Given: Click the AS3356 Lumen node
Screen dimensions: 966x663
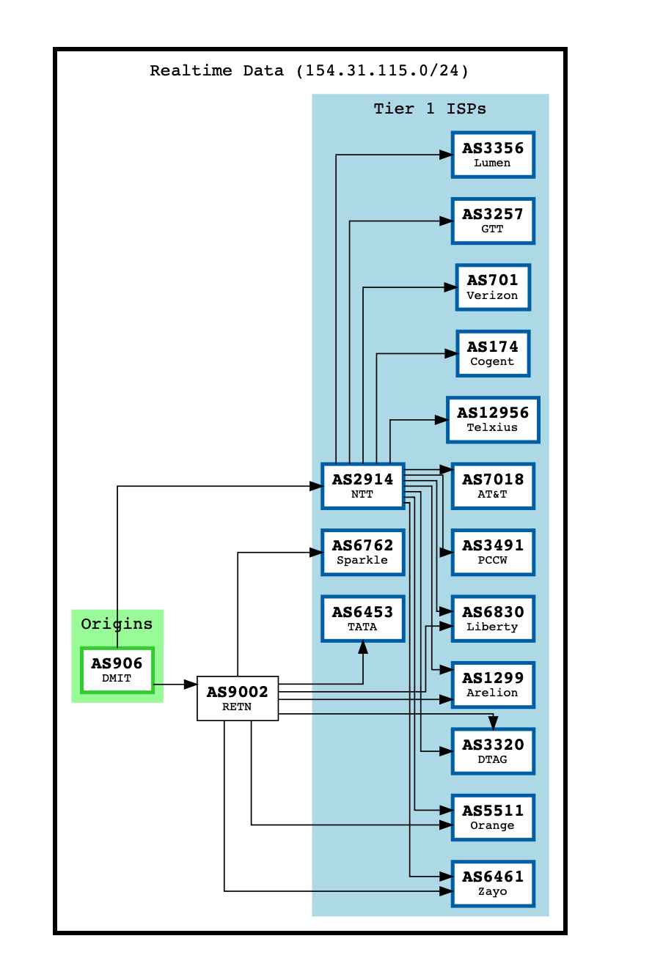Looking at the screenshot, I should [x=493, y=155].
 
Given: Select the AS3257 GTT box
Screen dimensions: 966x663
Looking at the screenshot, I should [x=493, y=221].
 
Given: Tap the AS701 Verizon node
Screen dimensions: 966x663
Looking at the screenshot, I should [x=493, y=287].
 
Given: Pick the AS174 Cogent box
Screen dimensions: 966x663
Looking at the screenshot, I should [x=493, y=353].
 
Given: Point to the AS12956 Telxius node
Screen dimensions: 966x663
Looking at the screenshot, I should [x=493, y=420].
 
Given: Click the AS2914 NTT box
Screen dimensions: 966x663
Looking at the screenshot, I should [x=363, y=486].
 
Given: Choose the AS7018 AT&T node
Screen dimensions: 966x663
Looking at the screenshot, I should [x=493, y=486].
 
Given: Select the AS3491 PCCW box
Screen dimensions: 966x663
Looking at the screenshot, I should [x=493, y=553].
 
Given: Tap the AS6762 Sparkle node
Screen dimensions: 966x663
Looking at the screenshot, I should [x=363, y=553].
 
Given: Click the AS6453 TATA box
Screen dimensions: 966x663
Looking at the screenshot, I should [x=363, y=619].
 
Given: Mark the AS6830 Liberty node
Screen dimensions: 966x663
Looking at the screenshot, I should [x=493, y=619].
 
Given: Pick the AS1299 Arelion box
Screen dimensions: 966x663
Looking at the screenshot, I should [x=493, y=685].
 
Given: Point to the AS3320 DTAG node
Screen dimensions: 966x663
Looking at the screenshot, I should [x=493, y=751].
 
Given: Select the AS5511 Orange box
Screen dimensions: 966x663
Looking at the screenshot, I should [x=493, y=817].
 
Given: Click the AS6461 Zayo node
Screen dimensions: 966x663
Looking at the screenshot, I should [x=493, y=883].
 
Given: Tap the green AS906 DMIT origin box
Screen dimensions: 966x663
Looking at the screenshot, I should [x=117, y=670].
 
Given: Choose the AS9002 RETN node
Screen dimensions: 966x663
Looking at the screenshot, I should [x=238, y=698].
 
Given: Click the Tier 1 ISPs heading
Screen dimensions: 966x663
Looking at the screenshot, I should [x=430, y=108].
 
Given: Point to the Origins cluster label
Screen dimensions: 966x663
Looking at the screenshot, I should [x=117, y=624].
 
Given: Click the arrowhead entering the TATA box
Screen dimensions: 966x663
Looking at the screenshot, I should [x=363, y=647].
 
